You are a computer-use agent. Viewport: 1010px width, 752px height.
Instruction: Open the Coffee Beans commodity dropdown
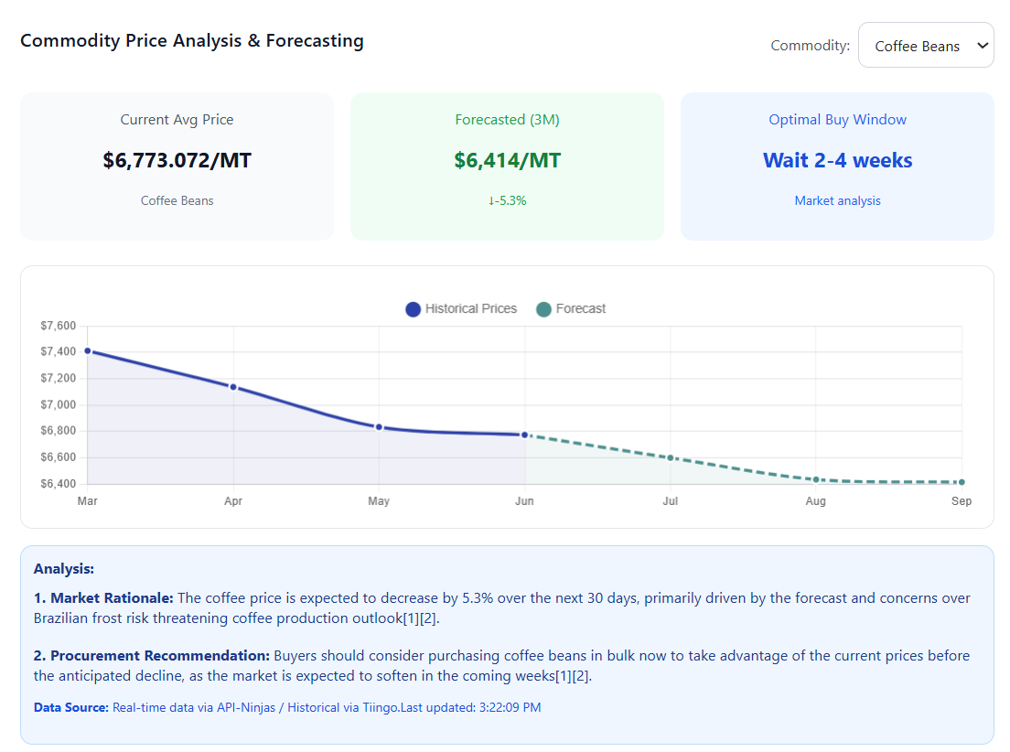click(x=926, y=46)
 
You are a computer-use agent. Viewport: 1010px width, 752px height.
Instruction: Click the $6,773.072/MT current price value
click(x=177, y=161)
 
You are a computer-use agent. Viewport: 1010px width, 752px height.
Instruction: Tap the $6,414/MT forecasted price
click(x=507, y=161)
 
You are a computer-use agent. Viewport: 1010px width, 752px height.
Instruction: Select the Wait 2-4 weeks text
click(x=837, y=161)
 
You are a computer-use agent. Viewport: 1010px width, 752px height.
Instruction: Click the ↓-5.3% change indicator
click(x=507, y=201)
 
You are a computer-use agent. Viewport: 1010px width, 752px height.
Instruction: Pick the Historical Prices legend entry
click(x=461, y=309)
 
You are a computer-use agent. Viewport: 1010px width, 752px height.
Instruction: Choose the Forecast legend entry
click(x=571, y=309)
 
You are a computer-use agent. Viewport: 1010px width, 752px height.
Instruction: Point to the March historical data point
click(x=88, y=350)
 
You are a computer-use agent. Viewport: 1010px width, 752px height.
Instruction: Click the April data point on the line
click(x=233, y=387)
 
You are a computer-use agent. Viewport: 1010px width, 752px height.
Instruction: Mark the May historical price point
click(x=379, y=427)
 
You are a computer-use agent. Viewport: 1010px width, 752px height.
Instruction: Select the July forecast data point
click(x=671, y=457)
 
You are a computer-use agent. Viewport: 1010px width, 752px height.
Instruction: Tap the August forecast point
click(x=816, y=479)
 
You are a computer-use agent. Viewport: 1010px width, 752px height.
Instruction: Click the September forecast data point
click(x=962, y=482)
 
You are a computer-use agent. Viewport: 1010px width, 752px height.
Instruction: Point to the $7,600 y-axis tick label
click(x=59, y=326)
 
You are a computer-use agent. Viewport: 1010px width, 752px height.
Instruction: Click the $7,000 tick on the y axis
click(x=59, y=404)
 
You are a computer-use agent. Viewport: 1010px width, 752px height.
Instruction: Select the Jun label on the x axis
click(x=524, y=501)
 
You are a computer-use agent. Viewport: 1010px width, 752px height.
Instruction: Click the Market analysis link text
click(x=837, y=201)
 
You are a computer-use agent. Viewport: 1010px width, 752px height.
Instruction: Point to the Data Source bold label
click(x=71, y=708)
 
